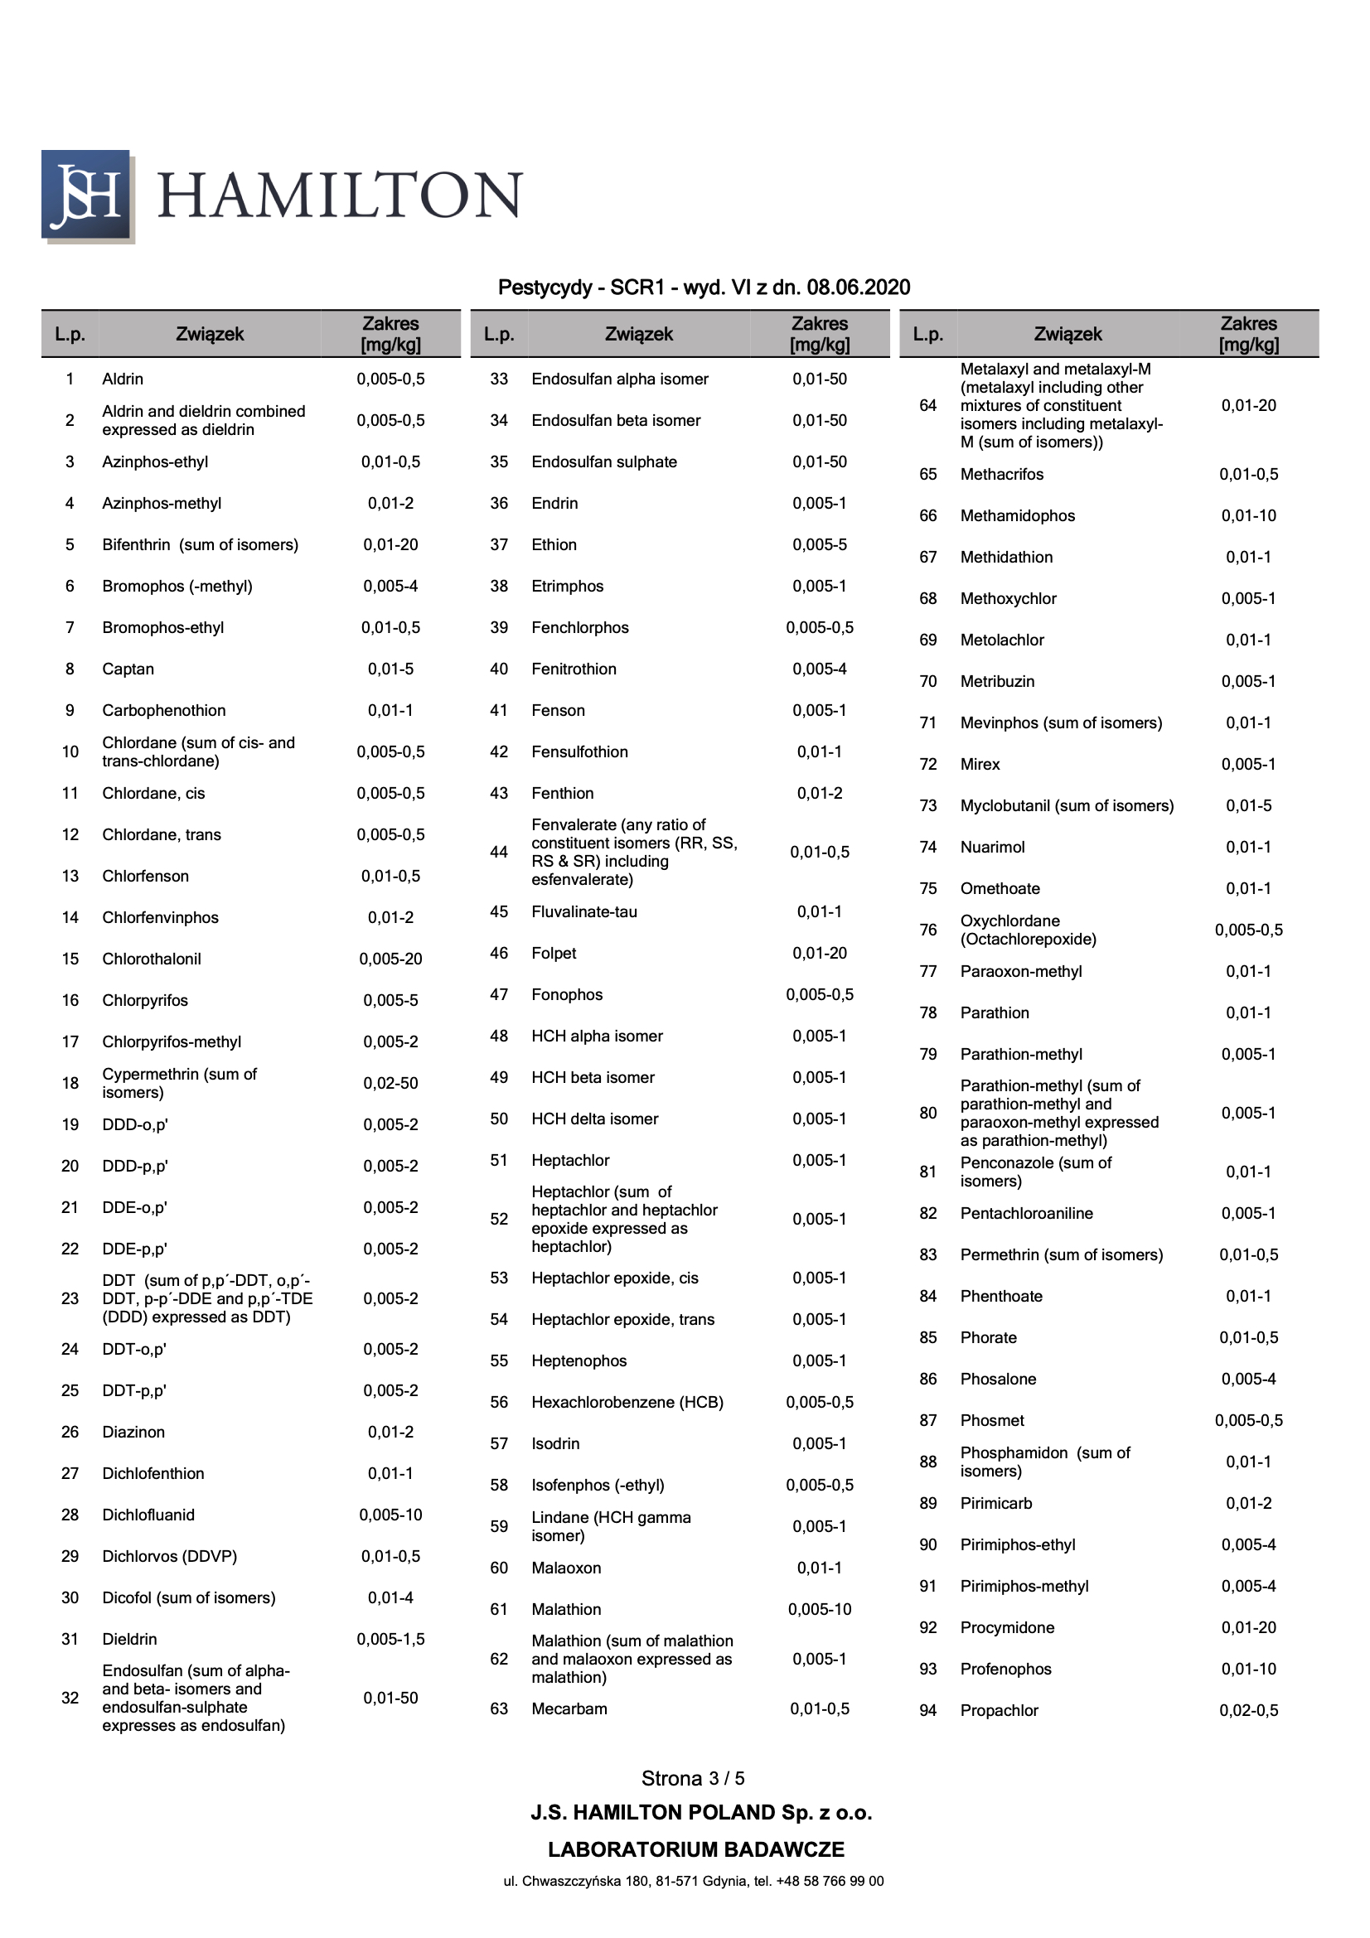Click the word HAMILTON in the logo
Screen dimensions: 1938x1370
coord(339,195)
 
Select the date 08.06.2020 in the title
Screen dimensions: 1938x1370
coord(858,288)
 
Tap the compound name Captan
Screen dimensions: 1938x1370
coord(128,669)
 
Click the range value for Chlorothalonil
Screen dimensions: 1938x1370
coord(390,959)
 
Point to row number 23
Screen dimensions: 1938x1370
coord(70,1298)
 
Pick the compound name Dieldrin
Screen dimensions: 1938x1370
coord(129,1639)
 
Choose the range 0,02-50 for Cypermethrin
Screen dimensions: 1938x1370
coord(390,1083)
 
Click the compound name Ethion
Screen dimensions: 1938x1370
coord(554,545)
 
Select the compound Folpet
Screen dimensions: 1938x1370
coord(554,954)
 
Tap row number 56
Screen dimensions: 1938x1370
coord(499,1402)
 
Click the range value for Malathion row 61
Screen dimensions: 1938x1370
coord(819,1610)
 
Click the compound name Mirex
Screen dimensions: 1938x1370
coord(979,765)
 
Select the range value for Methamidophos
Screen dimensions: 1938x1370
coord(1247,515)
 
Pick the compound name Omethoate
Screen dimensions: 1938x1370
coord(1000,889)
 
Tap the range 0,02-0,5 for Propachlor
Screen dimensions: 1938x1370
coord(1247,1711)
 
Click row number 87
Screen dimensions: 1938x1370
coord(927,1421)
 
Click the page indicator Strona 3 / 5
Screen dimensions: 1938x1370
coord(692,1779)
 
